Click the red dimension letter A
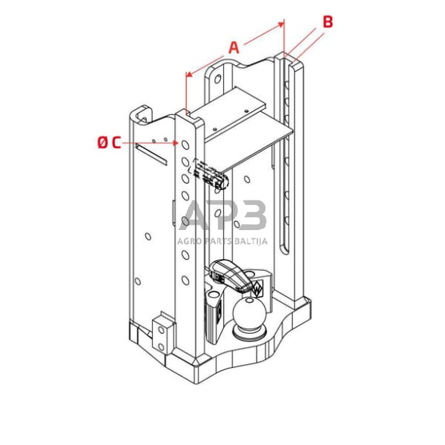point(234,47)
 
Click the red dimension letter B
point(328,22)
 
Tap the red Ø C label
point(109,142)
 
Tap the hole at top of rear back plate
point(218,78)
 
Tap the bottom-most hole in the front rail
point(185,281)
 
